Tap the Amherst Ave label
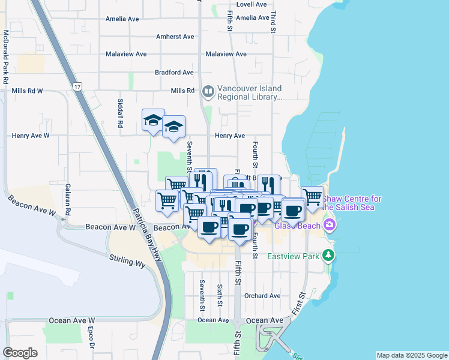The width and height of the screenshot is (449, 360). (175, 37)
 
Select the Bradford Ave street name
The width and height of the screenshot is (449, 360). (174, 73)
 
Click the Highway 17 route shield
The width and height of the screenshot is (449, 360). (77, 87)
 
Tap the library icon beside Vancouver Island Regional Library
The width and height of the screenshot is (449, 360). (208, 92)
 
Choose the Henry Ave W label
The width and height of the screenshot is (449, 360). (31, 136)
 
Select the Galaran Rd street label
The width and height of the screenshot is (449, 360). (68, 200)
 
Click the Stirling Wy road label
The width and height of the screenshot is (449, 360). (127, 261)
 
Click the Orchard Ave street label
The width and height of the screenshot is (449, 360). (262, 296)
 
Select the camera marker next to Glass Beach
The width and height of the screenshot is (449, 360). (328, 226)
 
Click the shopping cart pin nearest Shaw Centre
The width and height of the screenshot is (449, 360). (312, 197)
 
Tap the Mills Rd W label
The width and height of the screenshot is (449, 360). (27, 91)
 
